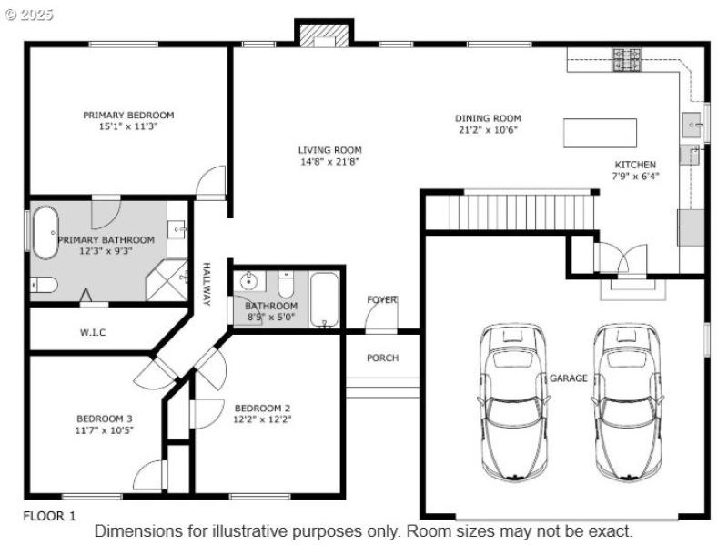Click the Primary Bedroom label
pyautogui.click(x=128, y=116)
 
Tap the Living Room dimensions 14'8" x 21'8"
pyautogui.click(x=329, y=162)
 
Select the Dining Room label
pyautogui.click(x=488, y=118)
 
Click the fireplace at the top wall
pyautogui.click(x=323, y=35)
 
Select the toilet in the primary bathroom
pyautogui.click(x=44, y=285)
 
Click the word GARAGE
pyautogui.click(x=569, y=378)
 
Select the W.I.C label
pyautogui.click(x=93, y=333)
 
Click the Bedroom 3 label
pyautogui.click(x=104, y=419)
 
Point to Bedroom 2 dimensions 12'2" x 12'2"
pyautogui.click(x=262, y=419)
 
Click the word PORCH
pyautogui.click(x=382, y=358)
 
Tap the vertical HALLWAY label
pyautogui.click(x=206, y=284)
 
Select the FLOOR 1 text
pyautogui.click(x=49, y=516)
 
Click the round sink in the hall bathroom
pyautogui.click(x=249, y=283)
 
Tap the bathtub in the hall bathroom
pyautogui.click(x=324, y=299)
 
